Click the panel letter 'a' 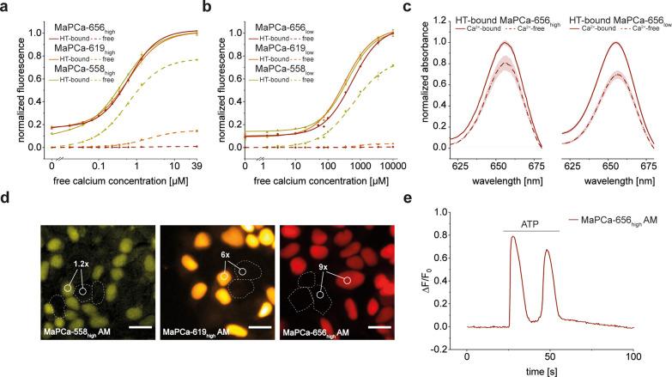[6, 8]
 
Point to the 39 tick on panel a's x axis [197, 163]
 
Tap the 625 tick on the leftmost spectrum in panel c [474, 163]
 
